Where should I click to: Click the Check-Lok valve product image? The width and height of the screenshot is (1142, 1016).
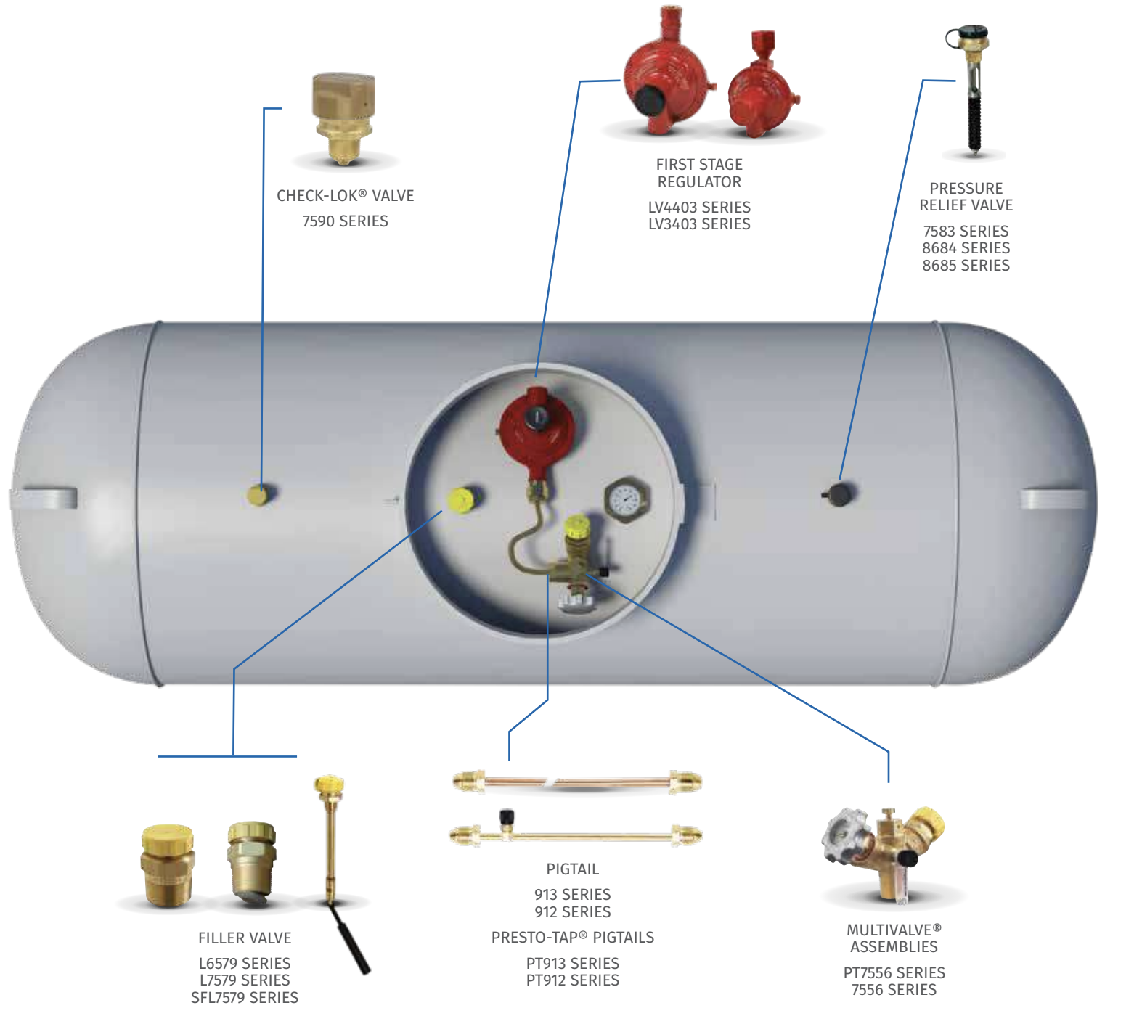click(343, 116)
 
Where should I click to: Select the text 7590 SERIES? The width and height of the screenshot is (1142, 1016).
click(345, 221)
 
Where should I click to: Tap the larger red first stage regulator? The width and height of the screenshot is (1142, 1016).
click(664, 80)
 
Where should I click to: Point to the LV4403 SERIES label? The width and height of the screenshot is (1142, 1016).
click(699, 208)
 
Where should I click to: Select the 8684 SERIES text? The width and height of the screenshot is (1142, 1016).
click(966, 248)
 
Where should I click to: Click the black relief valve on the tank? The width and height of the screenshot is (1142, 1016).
click(840, 495)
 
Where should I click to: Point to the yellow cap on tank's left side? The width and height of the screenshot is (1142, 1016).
click(258, 496)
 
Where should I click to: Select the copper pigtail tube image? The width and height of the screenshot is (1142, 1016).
click(577, 782)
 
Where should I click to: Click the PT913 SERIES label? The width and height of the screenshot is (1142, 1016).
click(572, 964)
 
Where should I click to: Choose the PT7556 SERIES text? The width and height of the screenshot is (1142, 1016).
click(894, 973)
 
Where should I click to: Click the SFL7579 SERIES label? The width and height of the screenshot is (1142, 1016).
click(245, 998)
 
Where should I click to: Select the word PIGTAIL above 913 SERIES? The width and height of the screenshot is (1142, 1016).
click(572, 869)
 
